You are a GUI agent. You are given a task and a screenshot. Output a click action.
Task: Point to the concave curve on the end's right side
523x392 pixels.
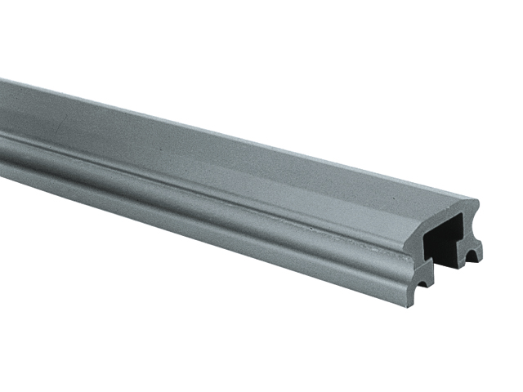[x=475, y=227]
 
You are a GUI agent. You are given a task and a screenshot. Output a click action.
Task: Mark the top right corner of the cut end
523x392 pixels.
[x=477, y=200]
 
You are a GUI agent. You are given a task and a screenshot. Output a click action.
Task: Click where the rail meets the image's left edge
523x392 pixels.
[x=2, y=122]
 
